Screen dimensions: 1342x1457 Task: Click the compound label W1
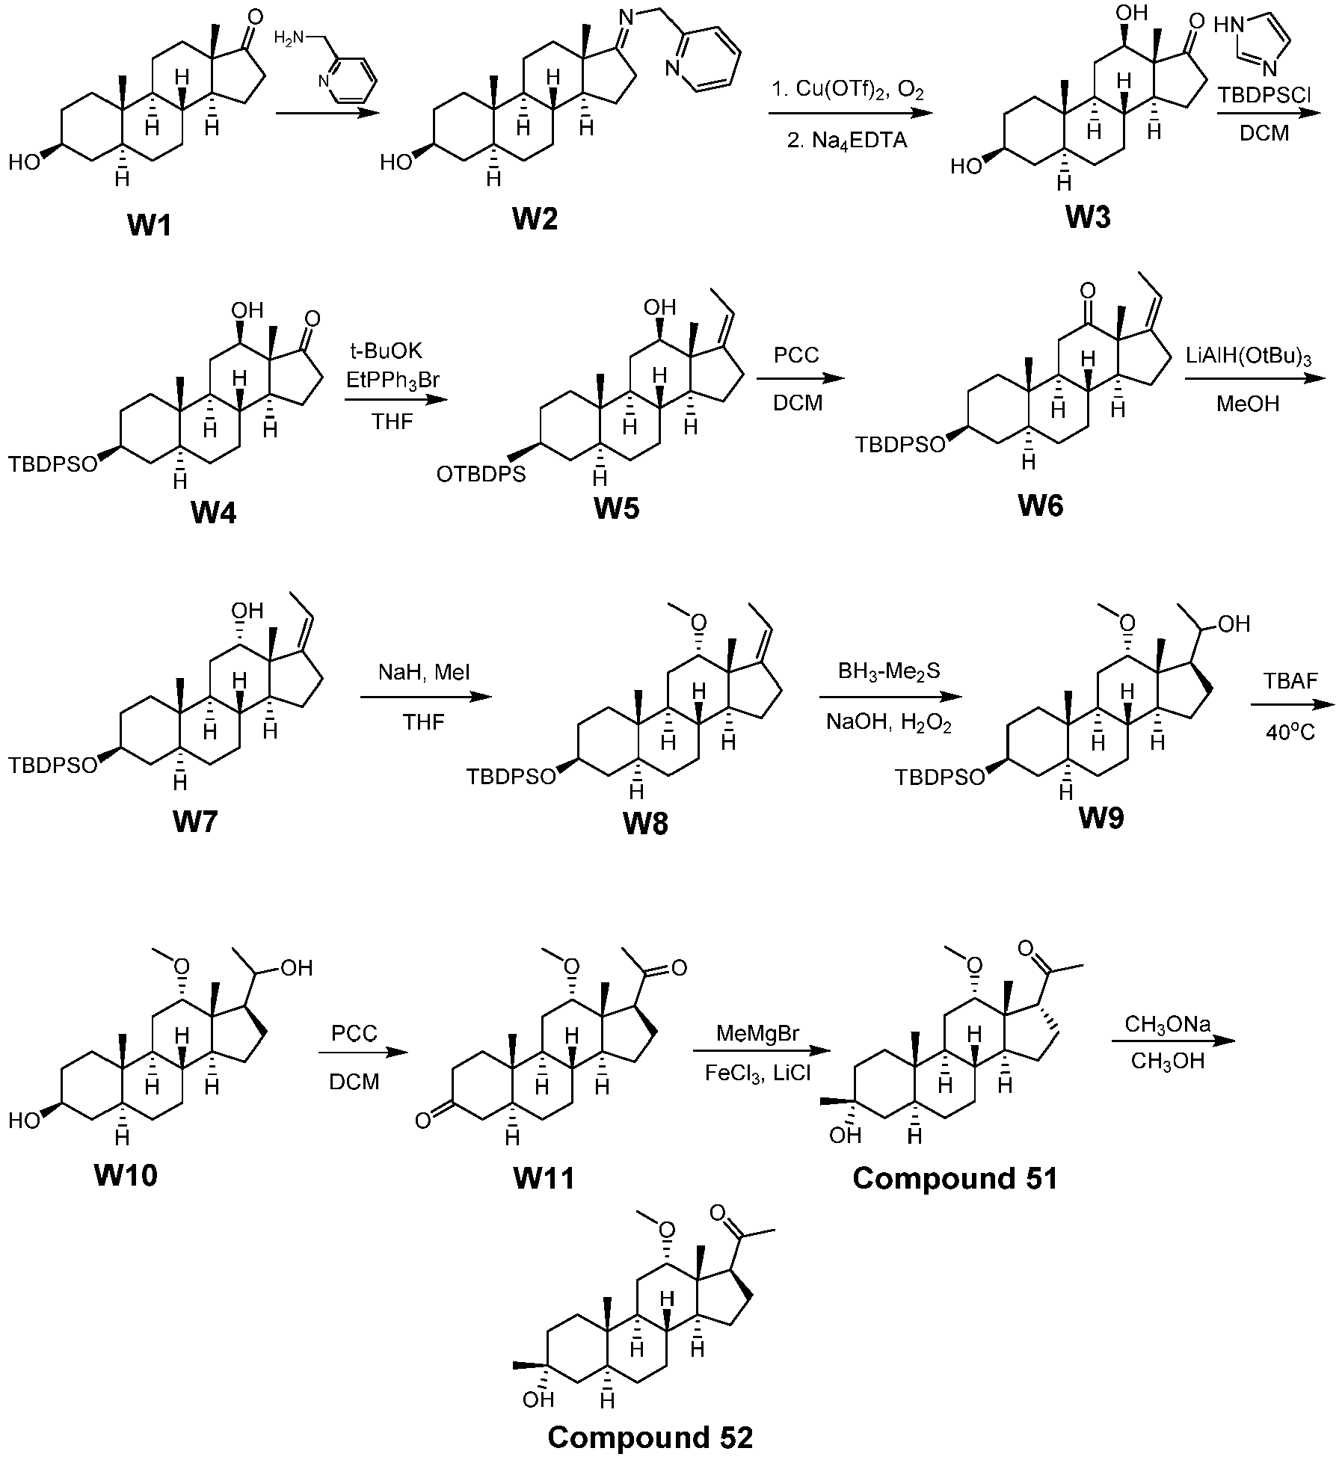(150, 224)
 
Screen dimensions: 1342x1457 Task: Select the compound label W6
(1040, 506)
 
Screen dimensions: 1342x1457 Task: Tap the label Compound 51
(955, 1179)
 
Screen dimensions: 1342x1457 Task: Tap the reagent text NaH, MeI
(425, 673)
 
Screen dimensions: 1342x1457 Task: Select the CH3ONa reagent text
(1167, 1025)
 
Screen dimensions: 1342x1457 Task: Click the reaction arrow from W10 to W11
(364, 1053)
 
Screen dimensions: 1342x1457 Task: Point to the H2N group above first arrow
(287, 37)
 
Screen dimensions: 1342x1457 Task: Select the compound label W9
(1101, 819)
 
